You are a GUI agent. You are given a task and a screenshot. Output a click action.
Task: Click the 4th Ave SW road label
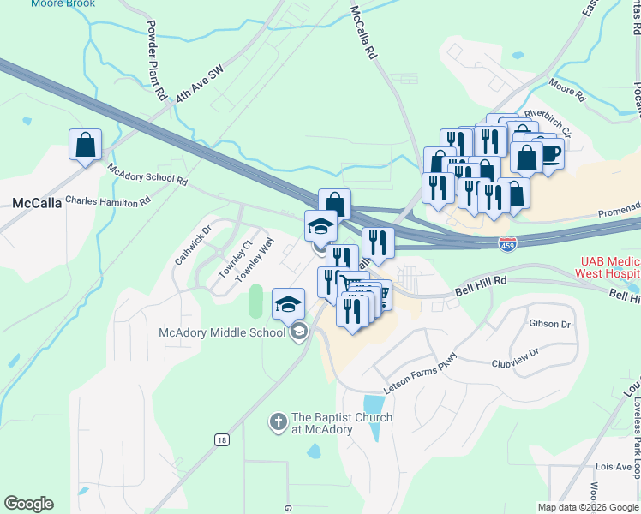tap(199, 85)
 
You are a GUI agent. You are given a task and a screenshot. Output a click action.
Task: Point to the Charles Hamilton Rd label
tap(108, 200)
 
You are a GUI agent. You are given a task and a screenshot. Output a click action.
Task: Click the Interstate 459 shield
tap(508, 245)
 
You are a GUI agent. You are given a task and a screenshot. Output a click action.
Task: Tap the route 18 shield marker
tap(221, 439)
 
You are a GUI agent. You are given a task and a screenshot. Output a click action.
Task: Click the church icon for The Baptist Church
tap(278, 421)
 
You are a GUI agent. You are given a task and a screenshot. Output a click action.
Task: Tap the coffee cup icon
tap(549, 154)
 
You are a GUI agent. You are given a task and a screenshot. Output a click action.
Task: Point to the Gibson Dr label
tap(549, 324)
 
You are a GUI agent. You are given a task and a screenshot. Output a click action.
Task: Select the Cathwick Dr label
tap(191, 246)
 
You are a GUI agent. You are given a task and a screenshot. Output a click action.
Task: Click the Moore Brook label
tap(63, 4)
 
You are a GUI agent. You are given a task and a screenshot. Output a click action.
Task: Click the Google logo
tap(28, 504)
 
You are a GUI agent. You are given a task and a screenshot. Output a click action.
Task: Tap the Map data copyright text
tap(588, 507)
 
